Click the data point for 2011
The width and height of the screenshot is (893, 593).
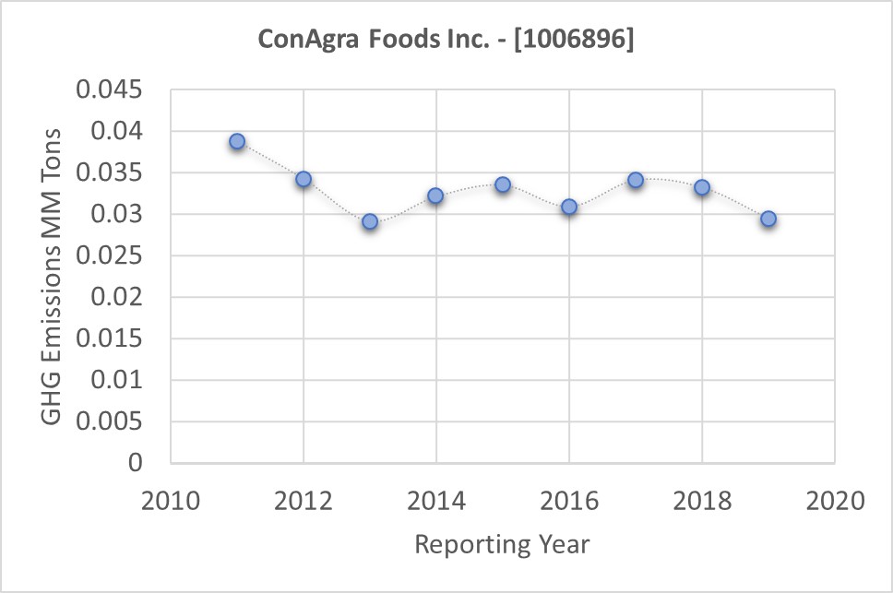237,141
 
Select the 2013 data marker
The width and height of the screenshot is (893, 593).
370,221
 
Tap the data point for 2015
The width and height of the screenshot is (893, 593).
503,184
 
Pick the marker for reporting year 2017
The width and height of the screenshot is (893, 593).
636,180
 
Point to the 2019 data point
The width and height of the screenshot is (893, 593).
768,219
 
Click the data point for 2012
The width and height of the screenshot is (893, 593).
304,179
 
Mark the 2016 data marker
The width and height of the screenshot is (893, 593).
569,207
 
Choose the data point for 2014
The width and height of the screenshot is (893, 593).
436,196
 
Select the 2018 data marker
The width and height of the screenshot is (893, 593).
702,187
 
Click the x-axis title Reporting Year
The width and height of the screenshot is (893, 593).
502,544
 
